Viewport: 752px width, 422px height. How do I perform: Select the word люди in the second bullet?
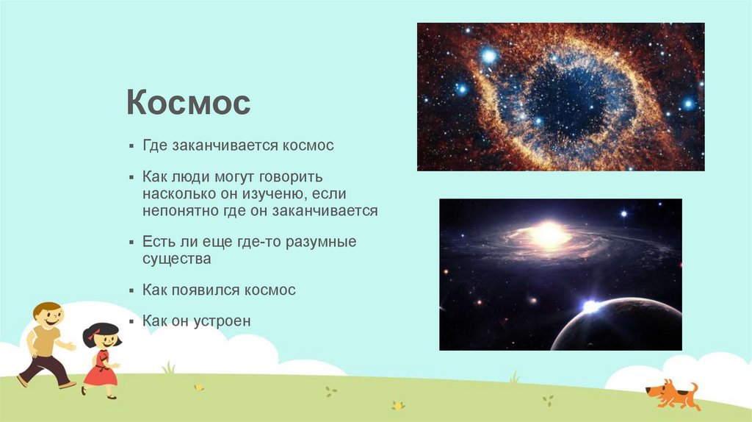tap(184, 177)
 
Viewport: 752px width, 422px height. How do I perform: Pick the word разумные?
tap(321, 242)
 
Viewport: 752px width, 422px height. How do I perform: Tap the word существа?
tap(176, 259)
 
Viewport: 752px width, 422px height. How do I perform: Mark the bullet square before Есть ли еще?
tap(131, 242)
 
